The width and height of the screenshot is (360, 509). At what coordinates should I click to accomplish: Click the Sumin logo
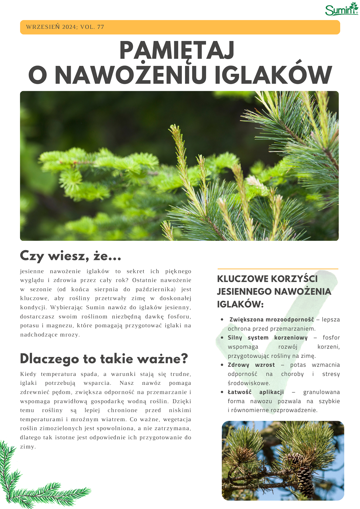click(341, 9)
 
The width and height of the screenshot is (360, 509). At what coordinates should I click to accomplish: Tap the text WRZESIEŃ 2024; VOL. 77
click(65, 27)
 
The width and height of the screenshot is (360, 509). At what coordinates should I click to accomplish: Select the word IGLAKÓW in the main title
click(273, 75)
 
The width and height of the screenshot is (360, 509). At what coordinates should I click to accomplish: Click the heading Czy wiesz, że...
click(71, 256)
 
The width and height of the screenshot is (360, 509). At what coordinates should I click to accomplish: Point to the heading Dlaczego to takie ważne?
click(104, 359)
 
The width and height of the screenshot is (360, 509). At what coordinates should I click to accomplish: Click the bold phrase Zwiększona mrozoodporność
click(271, 319)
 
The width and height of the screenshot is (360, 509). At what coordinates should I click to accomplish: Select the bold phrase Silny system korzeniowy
click(267, 338)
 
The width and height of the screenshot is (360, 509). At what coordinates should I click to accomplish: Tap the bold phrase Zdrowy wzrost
click(251, 365)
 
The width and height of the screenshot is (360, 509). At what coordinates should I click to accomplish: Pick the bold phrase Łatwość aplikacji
click(256, 392)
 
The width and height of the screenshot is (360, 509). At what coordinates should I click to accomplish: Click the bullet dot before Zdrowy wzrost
click(222, 365)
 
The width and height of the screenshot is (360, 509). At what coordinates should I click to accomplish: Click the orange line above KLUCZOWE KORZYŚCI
click(278, 269)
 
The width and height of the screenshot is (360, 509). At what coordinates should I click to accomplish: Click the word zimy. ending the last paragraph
click(28, 447)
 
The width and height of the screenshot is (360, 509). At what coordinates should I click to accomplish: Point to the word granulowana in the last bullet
click(321, 392)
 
